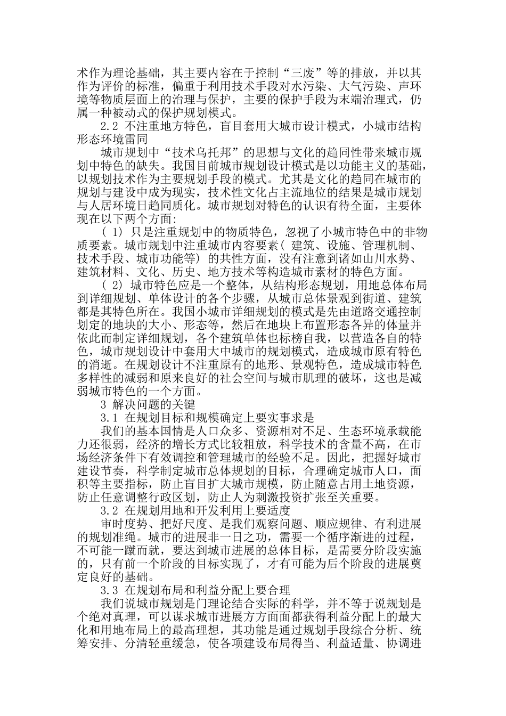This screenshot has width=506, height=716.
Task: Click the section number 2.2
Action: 109,127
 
